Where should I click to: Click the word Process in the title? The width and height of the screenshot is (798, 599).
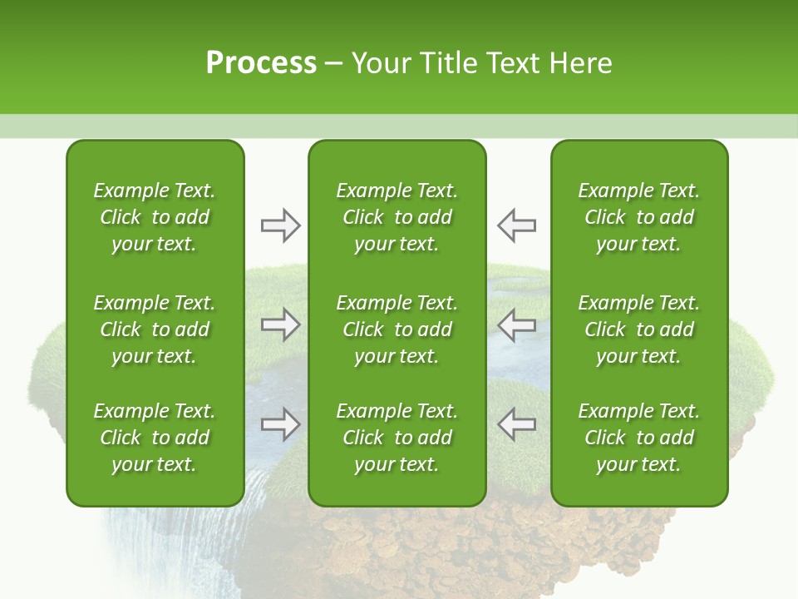261,63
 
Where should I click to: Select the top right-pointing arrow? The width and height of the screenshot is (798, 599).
280,225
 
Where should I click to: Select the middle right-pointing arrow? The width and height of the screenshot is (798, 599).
280,324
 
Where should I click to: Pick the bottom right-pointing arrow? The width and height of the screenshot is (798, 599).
280,424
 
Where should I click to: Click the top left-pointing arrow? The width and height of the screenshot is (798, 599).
516,225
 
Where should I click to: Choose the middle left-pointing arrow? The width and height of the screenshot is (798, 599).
516,324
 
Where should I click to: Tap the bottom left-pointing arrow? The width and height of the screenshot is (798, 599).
516,424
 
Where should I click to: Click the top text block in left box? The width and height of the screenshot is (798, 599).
155,217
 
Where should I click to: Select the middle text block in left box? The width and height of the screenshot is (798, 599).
155,329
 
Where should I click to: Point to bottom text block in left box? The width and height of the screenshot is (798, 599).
155,438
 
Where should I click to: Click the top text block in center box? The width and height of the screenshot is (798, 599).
397,217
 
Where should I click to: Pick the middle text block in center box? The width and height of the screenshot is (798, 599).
397,329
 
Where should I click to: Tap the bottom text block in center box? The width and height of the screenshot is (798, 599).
397,438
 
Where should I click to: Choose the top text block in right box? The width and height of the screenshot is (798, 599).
638,217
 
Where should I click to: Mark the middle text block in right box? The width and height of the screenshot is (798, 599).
638,329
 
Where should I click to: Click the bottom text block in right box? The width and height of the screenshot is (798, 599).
638,438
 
